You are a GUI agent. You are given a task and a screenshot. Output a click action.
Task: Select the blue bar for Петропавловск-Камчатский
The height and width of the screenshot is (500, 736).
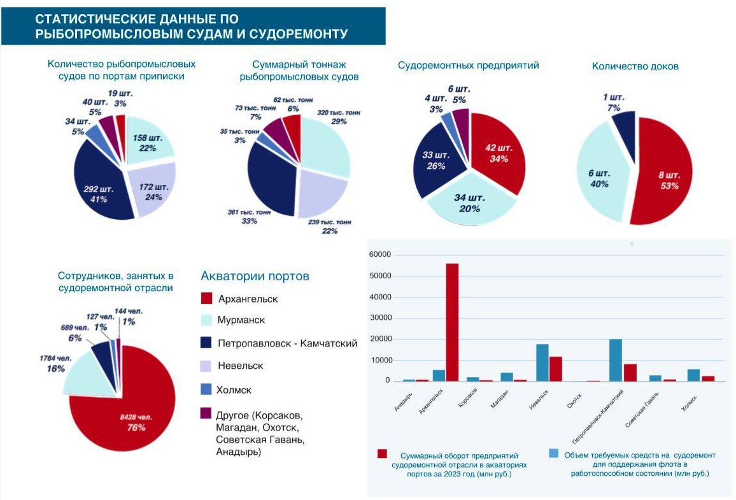616,360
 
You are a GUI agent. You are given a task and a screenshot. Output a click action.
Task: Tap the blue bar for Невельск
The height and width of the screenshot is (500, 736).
542,362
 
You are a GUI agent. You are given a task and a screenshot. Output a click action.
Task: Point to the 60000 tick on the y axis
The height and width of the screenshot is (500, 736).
381,255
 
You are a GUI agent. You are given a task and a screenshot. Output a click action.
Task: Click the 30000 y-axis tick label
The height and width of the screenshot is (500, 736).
381,318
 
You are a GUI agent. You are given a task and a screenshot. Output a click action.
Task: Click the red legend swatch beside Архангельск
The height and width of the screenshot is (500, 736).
206,299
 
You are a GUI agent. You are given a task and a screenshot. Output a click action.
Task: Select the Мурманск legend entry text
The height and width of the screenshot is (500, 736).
241,320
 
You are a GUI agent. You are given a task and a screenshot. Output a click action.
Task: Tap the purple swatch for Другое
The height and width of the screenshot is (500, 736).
206,414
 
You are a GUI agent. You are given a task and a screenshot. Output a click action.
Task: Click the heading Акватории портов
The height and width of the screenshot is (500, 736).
255,276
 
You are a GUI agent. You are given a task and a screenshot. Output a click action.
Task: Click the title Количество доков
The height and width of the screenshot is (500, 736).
635,66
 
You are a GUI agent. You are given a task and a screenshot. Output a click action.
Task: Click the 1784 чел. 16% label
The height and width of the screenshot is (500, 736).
53,363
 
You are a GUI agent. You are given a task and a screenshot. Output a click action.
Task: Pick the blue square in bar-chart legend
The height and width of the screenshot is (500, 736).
553,454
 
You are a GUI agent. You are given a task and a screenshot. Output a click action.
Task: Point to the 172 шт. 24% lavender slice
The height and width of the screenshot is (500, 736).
152,190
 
